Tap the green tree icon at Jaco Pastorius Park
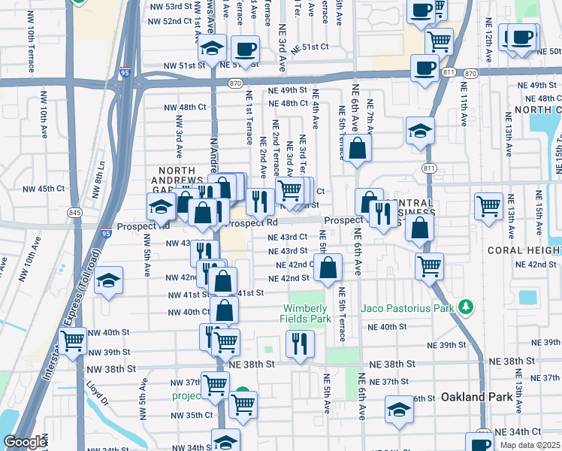467,307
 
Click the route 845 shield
75,213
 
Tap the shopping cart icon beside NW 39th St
73,341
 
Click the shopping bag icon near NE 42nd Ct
328,267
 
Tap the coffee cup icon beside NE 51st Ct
245,50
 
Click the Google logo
24,443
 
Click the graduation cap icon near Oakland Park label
400,408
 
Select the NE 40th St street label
387,327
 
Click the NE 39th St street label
447,345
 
